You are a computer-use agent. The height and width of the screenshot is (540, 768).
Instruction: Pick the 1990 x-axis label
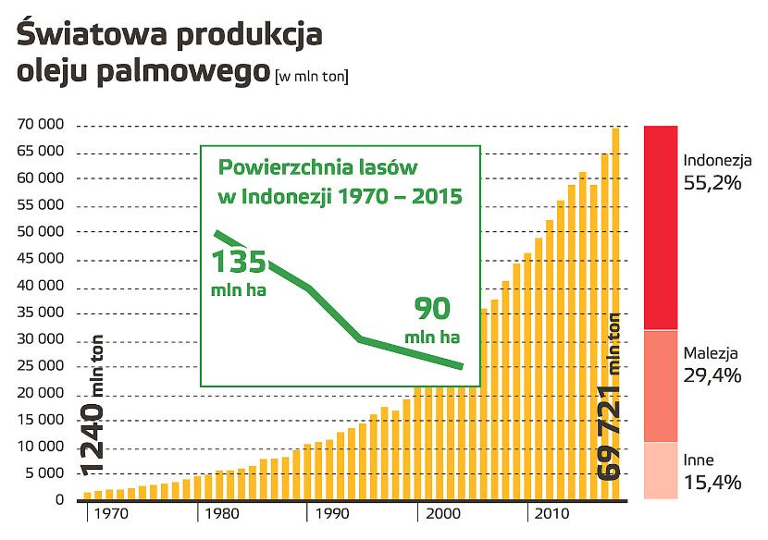328,513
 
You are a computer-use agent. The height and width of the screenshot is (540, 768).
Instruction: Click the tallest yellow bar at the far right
615,314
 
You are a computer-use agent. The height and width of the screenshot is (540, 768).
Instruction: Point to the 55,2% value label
712,183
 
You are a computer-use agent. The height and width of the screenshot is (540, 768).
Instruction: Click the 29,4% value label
712,374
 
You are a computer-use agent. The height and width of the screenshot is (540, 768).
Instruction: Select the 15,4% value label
712,482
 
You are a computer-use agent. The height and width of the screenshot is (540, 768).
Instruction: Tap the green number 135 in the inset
240,262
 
